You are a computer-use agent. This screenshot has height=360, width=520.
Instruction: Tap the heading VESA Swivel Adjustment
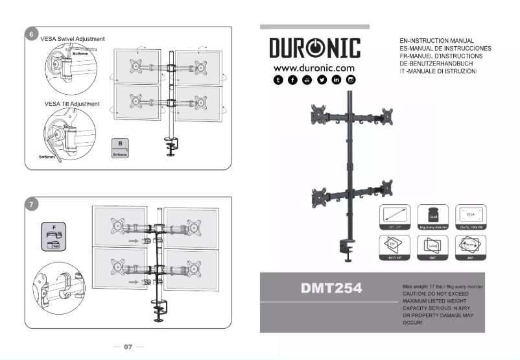[x=72, y=39]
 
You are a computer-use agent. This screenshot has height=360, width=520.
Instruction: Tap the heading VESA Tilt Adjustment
[x=71, y=104]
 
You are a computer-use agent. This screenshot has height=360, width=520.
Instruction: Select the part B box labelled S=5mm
[x=121, y=148]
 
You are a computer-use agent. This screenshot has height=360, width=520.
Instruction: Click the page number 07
[x=128, y=347]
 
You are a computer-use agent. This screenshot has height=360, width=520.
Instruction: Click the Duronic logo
[x=314, y=49]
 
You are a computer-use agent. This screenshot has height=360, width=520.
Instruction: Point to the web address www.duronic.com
[x=314, y=67]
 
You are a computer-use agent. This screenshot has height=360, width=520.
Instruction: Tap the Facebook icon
[x=292, y=80]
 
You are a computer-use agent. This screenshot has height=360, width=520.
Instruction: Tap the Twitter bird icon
[x=322, y=80]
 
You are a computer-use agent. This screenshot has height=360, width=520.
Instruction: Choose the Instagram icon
[x=351, y=80]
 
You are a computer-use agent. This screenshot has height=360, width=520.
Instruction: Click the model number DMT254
[x=331, y=288]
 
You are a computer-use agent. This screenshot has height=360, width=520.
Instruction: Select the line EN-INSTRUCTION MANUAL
[x=438, y=41]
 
